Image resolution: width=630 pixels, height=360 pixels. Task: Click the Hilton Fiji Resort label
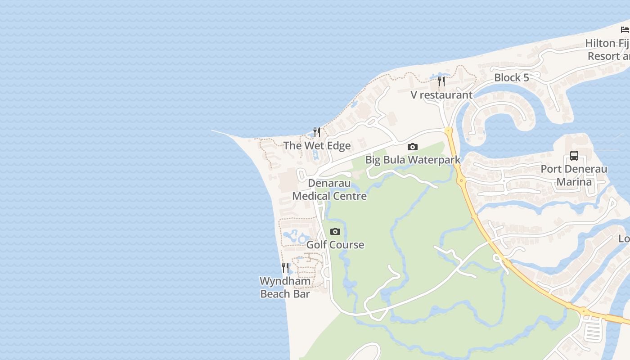point(607,49)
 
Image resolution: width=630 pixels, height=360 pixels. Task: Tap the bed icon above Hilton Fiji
point(625,30)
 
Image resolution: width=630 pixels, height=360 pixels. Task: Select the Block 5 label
point(511,77)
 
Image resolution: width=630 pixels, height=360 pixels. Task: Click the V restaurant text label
point(441,95)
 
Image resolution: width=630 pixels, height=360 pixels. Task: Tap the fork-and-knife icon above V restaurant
point(441,81)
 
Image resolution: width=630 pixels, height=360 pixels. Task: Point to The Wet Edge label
point(317,145)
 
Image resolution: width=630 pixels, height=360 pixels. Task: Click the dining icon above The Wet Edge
point(317,132)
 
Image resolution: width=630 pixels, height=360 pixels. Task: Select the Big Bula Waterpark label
point(413,160)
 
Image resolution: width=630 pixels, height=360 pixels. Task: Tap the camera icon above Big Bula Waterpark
point(413,147)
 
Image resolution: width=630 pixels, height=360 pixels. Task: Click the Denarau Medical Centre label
point(329,189)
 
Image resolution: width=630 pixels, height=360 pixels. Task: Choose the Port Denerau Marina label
point(574,175)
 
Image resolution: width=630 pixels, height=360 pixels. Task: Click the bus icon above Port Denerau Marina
point(574,156)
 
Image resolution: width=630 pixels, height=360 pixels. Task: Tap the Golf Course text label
point(335,245)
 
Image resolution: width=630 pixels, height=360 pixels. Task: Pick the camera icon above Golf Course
point(335,232)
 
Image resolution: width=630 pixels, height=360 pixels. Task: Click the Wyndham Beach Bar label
point(285,288)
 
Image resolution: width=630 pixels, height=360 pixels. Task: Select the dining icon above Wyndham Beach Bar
point(285,268)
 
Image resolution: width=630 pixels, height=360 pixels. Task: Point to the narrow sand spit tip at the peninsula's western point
point(214,131)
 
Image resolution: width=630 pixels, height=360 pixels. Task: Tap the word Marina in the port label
point(574,182)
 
